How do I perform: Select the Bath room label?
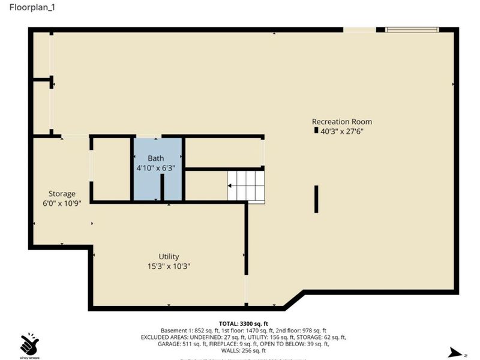[x=156, y=158]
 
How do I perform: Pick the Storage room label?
[x=62, y=194]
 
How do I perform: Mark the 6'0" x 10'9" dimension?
[x=62, y=203]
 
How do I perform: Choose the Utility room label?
[x=169, y=256]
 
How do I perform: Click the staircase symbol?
[x=246, y=186]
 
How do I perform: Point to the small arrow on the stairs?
[x=230, y=186]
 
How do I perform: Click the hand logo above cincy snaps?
[x=29, y=344]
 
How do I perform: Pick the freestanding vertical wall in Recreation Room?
[x=316, y=199]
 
